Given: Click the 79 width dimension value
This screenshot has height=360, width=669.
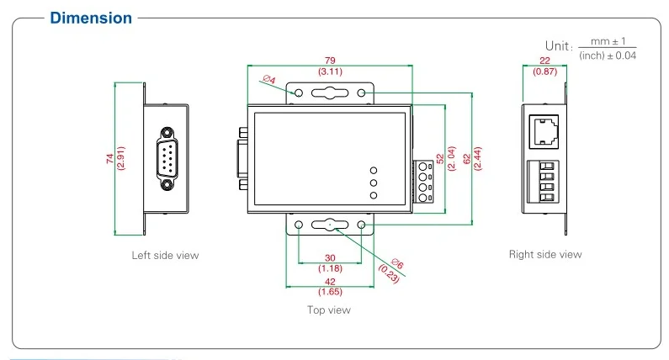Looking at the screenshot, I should [x=329, y=60].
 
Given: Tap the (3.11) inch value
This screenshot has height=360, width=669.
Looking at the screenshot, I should [x=329, y=71].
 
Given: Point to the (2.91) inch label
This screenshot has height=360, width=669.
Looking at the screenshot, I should [x=120, y=159].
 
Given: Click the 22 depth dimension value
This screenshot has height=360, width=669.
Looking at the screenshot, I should [x=544, y=61].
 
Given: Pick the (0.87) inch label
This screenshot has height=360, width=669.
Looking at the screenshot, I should [x=544, y=72].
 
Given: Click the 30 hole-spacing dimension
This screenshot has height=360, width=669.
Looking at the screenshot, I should [x=329, y=258].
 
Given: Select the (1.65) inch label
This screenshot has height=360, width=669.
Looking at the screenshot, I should [x=329, y=292].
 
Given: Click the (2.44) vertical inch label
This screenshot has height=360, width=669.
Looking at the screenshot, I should [x=476, y=160].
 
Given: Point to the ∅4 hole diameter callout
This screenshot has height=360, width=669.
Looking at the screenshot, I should [x=269, y=80].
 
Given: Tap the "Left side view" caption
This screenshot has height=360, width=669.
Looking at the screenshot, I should [x=165, y=255].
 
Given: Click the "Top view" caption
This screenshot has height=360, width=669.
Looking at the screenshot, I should [x=329, y=310].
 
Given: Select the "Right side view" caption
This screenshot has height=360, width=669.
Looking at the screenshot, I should [x=544, y=254].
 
